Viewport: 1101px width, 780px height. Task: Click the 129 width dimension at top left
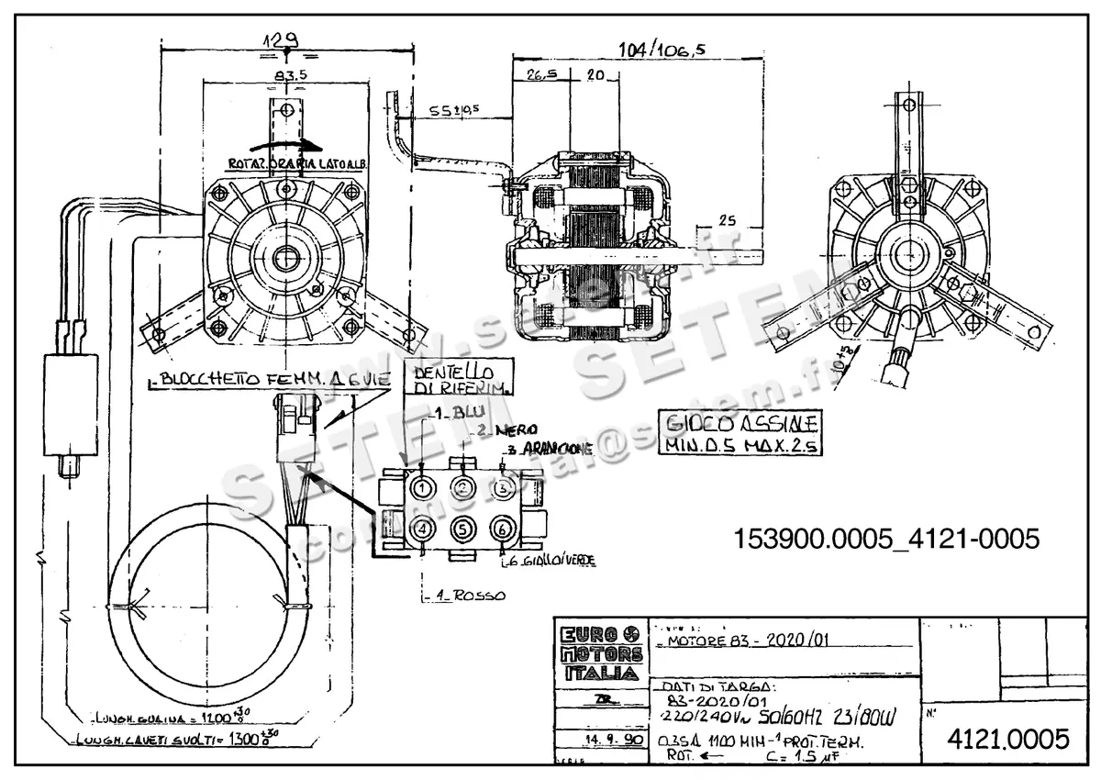pos(282,40)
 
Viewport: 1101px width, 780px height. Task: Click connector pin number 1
pos(423,488)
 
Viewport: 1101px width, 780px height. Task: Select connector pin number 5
pos(463,529)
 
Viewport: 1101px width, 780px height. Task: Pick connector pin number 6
pos(501,529)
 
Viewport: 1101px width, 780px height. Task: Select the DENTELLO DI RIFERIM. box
pos(457,380)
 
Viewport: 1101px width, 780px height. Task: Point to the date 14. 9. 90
pos(599,737)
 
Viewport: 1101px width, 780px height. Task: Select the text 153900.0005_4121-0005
pos(885,539)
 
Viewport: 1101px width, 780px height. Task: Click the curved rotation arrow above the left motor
pos(286,144)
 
